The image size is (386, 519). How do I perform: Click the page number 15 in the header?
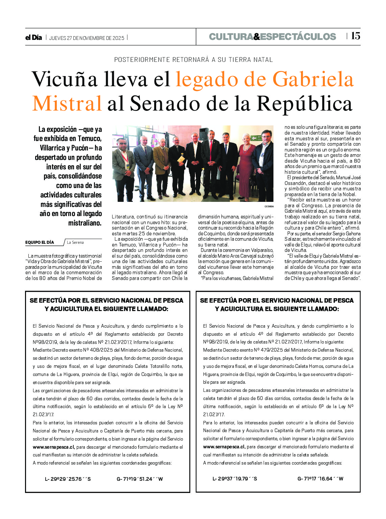tap(355, 36)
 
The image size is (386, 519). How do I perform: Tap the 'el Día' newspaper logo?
tap(33, 38)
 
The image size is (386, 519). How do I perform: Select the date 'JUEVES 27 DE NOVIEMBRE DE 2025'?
tap(87, 38)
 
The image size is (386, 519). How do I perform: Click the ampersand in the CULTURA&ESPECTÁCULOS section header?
tap(257, 37)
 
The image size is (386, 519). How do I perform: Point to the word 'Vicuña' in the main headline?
tap(65, 79)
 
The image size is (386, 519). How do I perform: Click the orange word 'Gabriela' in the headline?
tap(313, 79)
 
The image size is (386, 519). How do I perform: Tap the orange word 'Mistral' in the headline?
tap(67, 103)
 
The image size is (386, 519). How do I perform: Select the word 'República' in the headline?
tap(305, 103)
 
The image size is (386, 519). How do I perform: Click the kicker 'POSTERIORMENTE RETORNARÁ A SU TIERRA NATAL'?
tap(193, 60)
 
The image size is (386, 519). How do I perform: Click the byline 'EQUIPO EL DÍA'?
tap(40, 242)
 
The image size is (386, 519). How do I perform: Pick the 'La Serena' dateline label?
tap(75, 242)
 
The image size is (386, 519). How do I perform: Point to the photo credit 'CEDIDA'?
tap(269, 206)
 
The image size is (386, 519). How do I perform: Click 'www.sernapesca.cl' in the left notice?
tap(53, 447)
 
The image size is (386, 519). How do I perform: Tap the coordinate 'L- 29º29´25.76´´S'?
tap(68, 479)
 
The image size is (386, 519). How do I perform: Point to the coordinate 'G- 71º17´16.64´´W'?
tap(320, 479)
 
